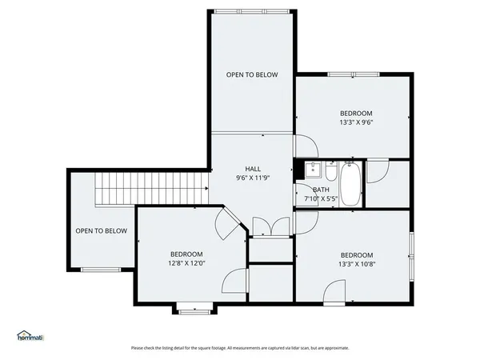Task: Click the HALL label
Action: [x=253, y=169]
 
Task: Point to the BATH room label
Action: [x=321, y=189]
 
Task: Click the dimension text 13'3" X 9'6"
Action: [x=356, y=123]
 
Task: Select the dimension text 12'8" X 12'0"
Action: [x=186, y=263]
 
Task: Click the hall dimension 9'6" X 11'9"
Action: [x=253, y=178]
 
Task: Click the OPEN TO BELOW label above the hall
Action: [x=252, y=74]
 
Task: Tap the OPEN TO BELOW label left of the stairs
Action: [x=101, y=231]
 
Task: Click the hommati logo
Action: [x=30, y=335]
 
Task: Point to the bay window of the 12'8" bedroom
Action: [x=194, y=308]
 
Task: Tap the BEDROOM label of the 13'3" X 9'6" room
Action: [x=356, y=114]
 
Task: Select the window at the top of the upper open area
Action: [x=252, y=10]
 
